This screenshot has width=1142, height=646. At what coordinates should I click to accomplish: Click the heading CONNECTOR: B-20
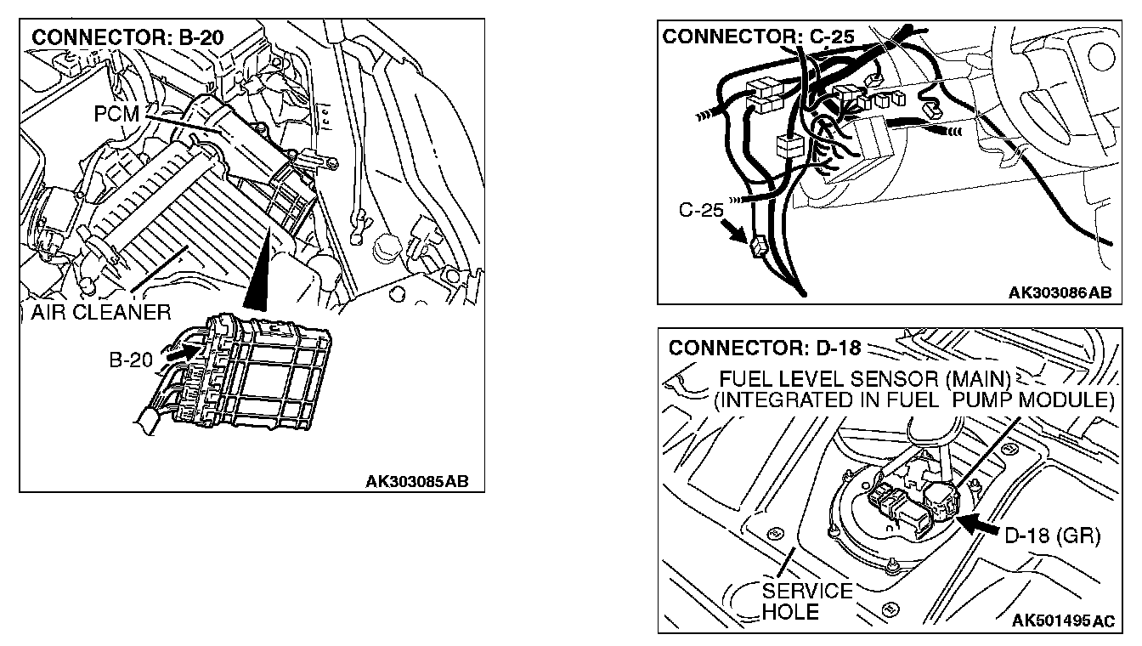pyautogui.click(x=127, y=38)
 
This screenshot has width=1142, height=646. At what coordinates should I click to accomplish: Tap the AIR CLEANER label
pyautogui.click(x=101, y=312)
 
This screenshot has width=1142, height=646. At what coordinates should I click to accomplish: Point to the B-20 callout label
pyautogui.click(x=130, y=360)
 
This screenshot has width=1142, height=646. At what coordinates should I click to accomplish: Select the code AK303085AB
pyautogui.click(x=416, y=481)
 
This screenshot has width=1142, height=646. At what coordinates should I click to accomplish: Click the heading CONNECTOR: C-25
pyautogui.click(x=757, y=37)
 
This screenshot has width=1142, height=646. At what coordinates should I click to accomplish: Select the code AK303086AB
pyautogui.click(x=1060, y=292)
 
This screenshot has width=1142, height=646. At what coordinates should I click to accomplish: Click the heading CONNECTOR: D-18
pyautogui.click(x=765, y=348)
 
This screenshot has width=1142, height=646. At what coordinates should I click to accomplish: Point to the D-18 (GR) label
pyautogui.click(x=1052, y=536)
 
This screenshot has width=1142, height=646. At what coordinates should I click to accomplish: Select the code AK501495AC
pyautogui.click(x=1063, y=621)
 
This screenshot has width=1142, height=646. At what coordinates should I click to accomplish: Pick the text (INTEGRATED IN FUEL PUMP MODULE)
pyautogui.click(x=913, y=399)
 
